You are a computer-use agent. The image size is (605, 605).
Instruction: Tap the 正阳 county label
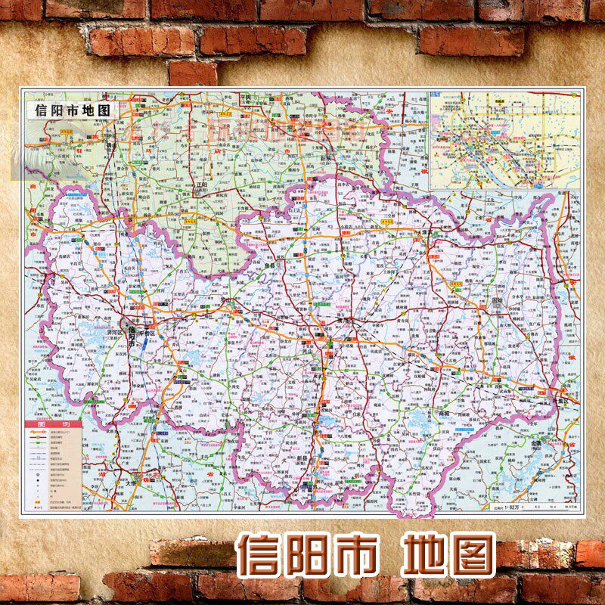200,184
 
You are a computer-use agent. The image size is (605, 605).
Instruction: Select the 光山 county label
327,349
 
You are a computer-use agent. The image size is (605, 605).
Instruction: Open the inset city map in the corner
504,140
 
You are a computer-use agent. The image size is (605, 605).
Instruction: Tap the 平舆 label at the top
244,98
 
